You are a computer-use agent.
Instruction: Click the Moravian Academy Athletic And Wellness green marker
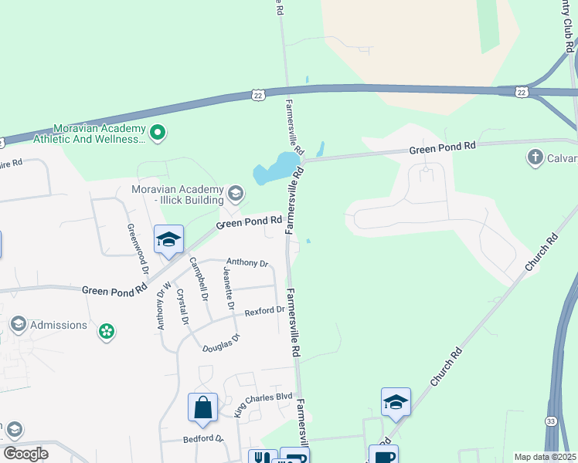[158, 133]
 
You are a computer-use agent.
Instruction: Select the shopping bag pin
[202, 407]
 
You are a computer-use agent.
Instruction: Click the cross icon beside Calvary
[535, 158]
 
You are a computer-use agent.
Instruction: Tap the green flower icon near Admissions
[107, 333]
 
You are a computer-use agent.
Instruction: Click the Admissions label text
[59, 325]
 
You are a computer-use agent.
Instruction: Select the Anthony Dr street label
[246, 263]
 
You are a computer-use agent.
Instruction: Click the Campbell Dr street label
[199, 279]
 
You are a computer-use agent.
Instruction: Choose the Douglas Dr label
[222, 343]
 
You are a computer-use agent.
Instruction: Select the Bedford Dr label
[202, 439]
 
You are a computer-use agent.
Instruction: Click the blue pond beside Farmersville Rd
[274, 167]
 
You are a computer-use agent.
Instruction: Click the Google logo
[26, 454]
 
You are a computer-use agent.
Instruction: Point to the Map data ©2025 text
[545, 457]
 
